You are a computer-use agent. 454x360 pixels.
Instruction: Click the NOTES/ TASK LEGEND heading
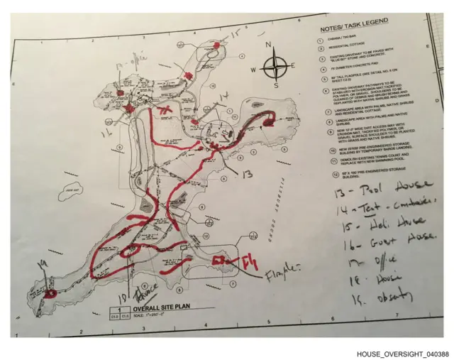pos(349,29)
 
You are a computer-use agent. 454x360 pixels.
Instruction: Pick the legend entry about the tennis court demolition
pos(365,161)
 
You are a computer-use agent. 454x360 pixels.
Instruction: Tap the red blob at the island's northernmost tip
pos(214,46)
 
